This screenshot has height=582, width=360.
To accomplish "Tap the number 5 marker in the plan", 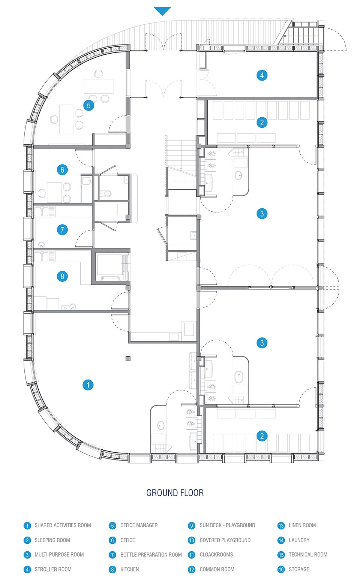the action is pos(88,105).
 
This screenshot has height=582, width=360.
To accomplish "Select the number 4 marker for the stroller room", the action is pos(262,75).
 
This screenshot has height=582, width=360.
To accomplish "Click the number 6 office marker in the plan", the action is pos(62,170).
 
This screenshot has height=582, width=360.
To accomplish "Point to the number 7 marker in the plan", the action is pos(62,230).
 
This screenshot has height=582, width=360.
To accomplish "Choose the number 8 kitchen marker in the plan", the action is pos(62,276).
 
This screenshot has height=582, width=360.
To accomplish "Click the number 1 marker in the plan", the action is pos(88,385).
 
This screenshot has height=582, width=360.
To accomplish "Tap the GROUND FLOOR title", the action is pos(175,493).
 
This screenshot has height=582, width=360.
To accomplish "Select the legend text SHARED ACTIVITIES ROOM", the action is pos(63,525).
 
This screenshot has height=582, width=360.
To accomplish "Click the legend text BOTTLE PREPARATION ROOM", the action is pos(151,555).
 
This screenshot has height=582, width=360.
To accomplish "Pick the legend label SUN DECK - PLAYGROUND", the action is pos(227,525).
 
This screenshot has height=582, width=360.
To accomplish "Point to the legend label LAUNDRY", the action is pos(299,540).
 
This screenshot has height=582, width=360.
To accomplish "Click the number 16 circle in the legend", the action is pos(281,570).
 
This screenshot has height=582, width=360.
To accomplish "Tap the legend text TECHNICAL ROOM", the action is pos(308,555).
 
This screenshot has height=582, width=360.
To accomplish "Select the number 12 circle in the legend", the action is pos(192,570).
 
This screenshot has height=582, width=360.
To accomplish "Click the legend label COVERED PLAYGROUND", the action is pos(225,540).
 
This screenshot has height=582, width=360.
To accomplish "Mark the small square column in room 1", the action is pos(128,359).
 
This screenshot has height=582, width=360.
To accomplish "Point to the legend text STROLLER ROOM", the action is pos(53,569).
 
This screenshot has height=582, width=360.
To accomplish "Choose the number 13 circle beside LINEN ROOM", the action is pos(281,526).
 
